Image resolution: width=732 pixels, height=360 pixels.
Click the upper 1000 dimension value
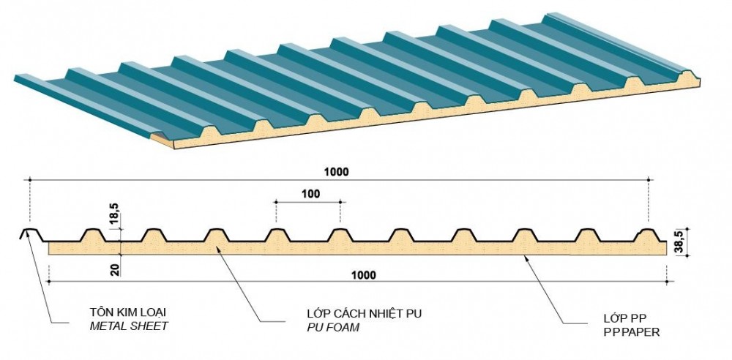[x=338, y=172]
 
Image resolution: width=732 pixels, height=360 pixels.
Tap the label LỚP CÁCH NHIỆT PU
[x=364, y=314]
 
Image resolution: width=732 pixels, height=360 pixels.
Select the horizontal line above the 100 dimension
[x=307, y=203]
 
